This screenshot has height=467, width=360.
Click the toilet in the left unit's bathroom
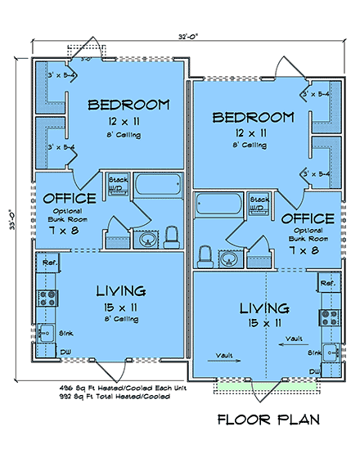coord(172,237)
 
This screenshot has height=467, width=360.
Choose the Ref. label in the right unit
coord(329,283)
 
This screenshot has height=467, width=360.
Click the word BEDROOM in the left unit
coord(128,105)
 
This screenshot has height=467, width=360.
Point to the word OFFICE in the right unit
coord(307,219)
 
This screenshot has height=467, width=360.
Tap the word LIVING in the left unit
coord(121,291)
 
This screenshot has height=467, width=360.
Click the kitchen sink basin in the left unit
coord(45,332)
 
